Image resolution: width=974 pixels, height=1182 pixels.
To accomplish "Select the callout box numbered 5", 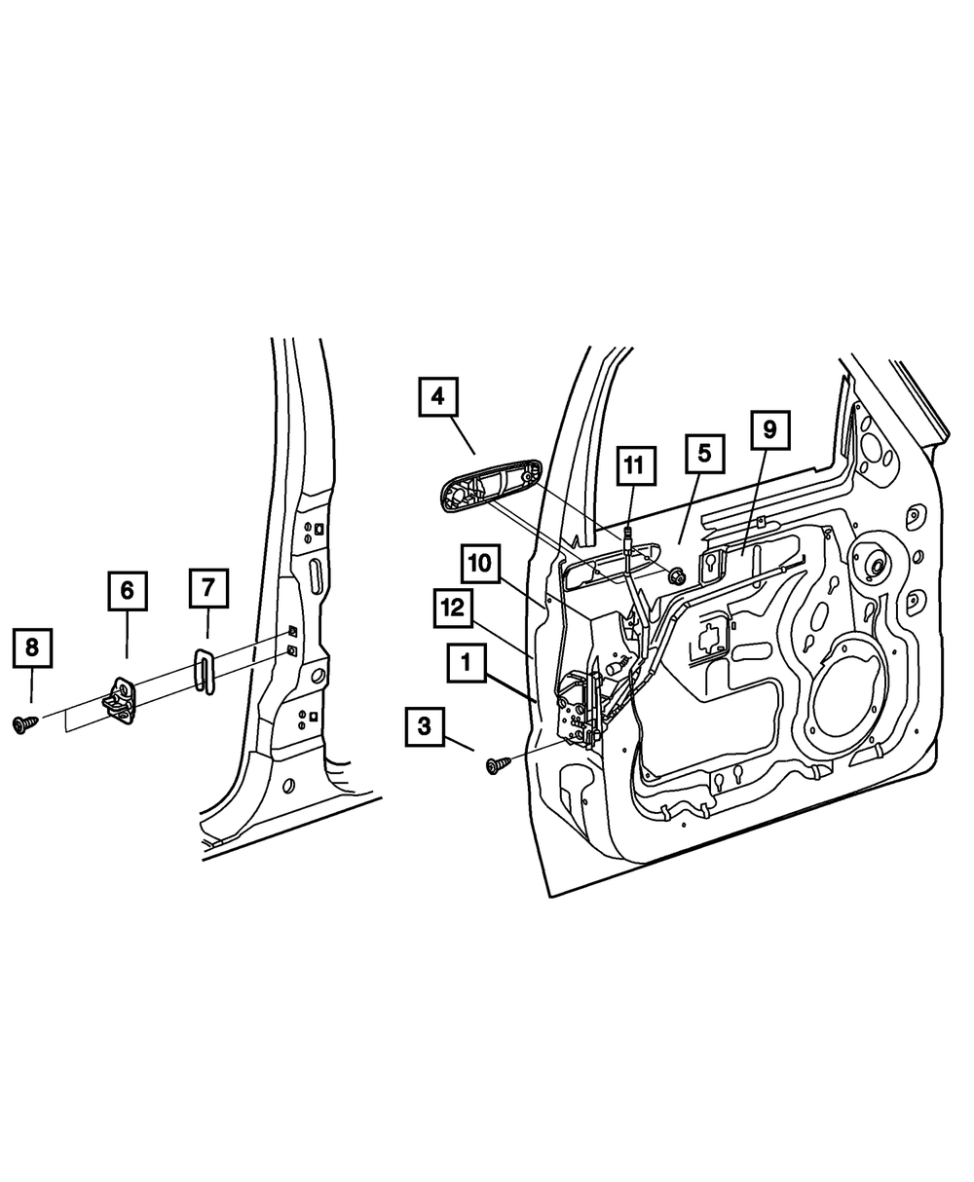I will click(x=704, y=454).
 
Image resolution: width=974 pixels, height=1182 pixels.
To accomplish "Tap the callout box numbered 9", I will click(x=769, y=428).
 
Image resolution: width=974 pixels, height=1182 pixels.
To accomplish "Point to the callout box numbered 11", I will click(x=634, y=465).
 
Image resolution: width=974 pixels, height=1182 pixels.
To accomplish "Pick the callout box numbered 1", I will click(x=467, y=665).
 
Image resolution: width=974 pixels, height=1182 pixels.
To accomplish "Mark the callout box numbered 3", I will click(x=425, y=725).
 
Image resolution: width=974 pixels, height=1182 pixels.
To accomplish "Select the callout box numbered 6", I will click(x=127, y=591).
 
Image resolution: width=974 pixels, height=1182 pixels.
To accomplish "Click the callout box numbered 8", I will click(x=31, y=647).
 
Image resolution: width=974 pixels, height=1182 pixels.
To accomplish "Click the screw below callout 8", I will click(x=23, y=723).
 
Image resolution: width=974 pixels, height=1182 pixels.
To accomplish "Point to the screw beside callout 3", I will click(x=497, y=765).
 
